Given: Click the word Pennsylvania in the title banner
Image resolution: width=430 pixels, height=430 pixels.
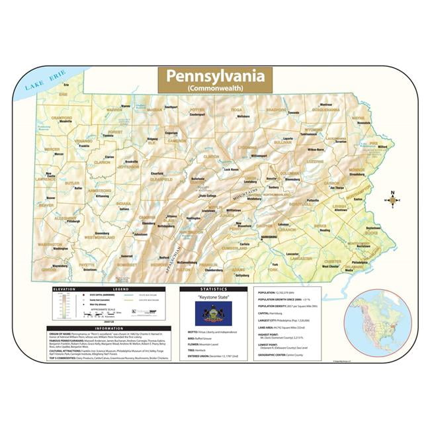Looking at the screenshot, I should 205,75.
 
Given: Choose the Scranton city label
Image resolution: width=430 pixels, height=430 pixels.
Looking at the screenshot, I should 341,142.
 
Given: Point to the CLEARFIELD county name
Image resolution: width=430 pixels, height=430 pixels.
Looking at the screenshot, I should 160,179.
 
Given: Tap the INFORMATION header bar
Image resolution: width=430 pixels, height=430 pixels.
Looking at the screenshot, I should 109,328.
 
